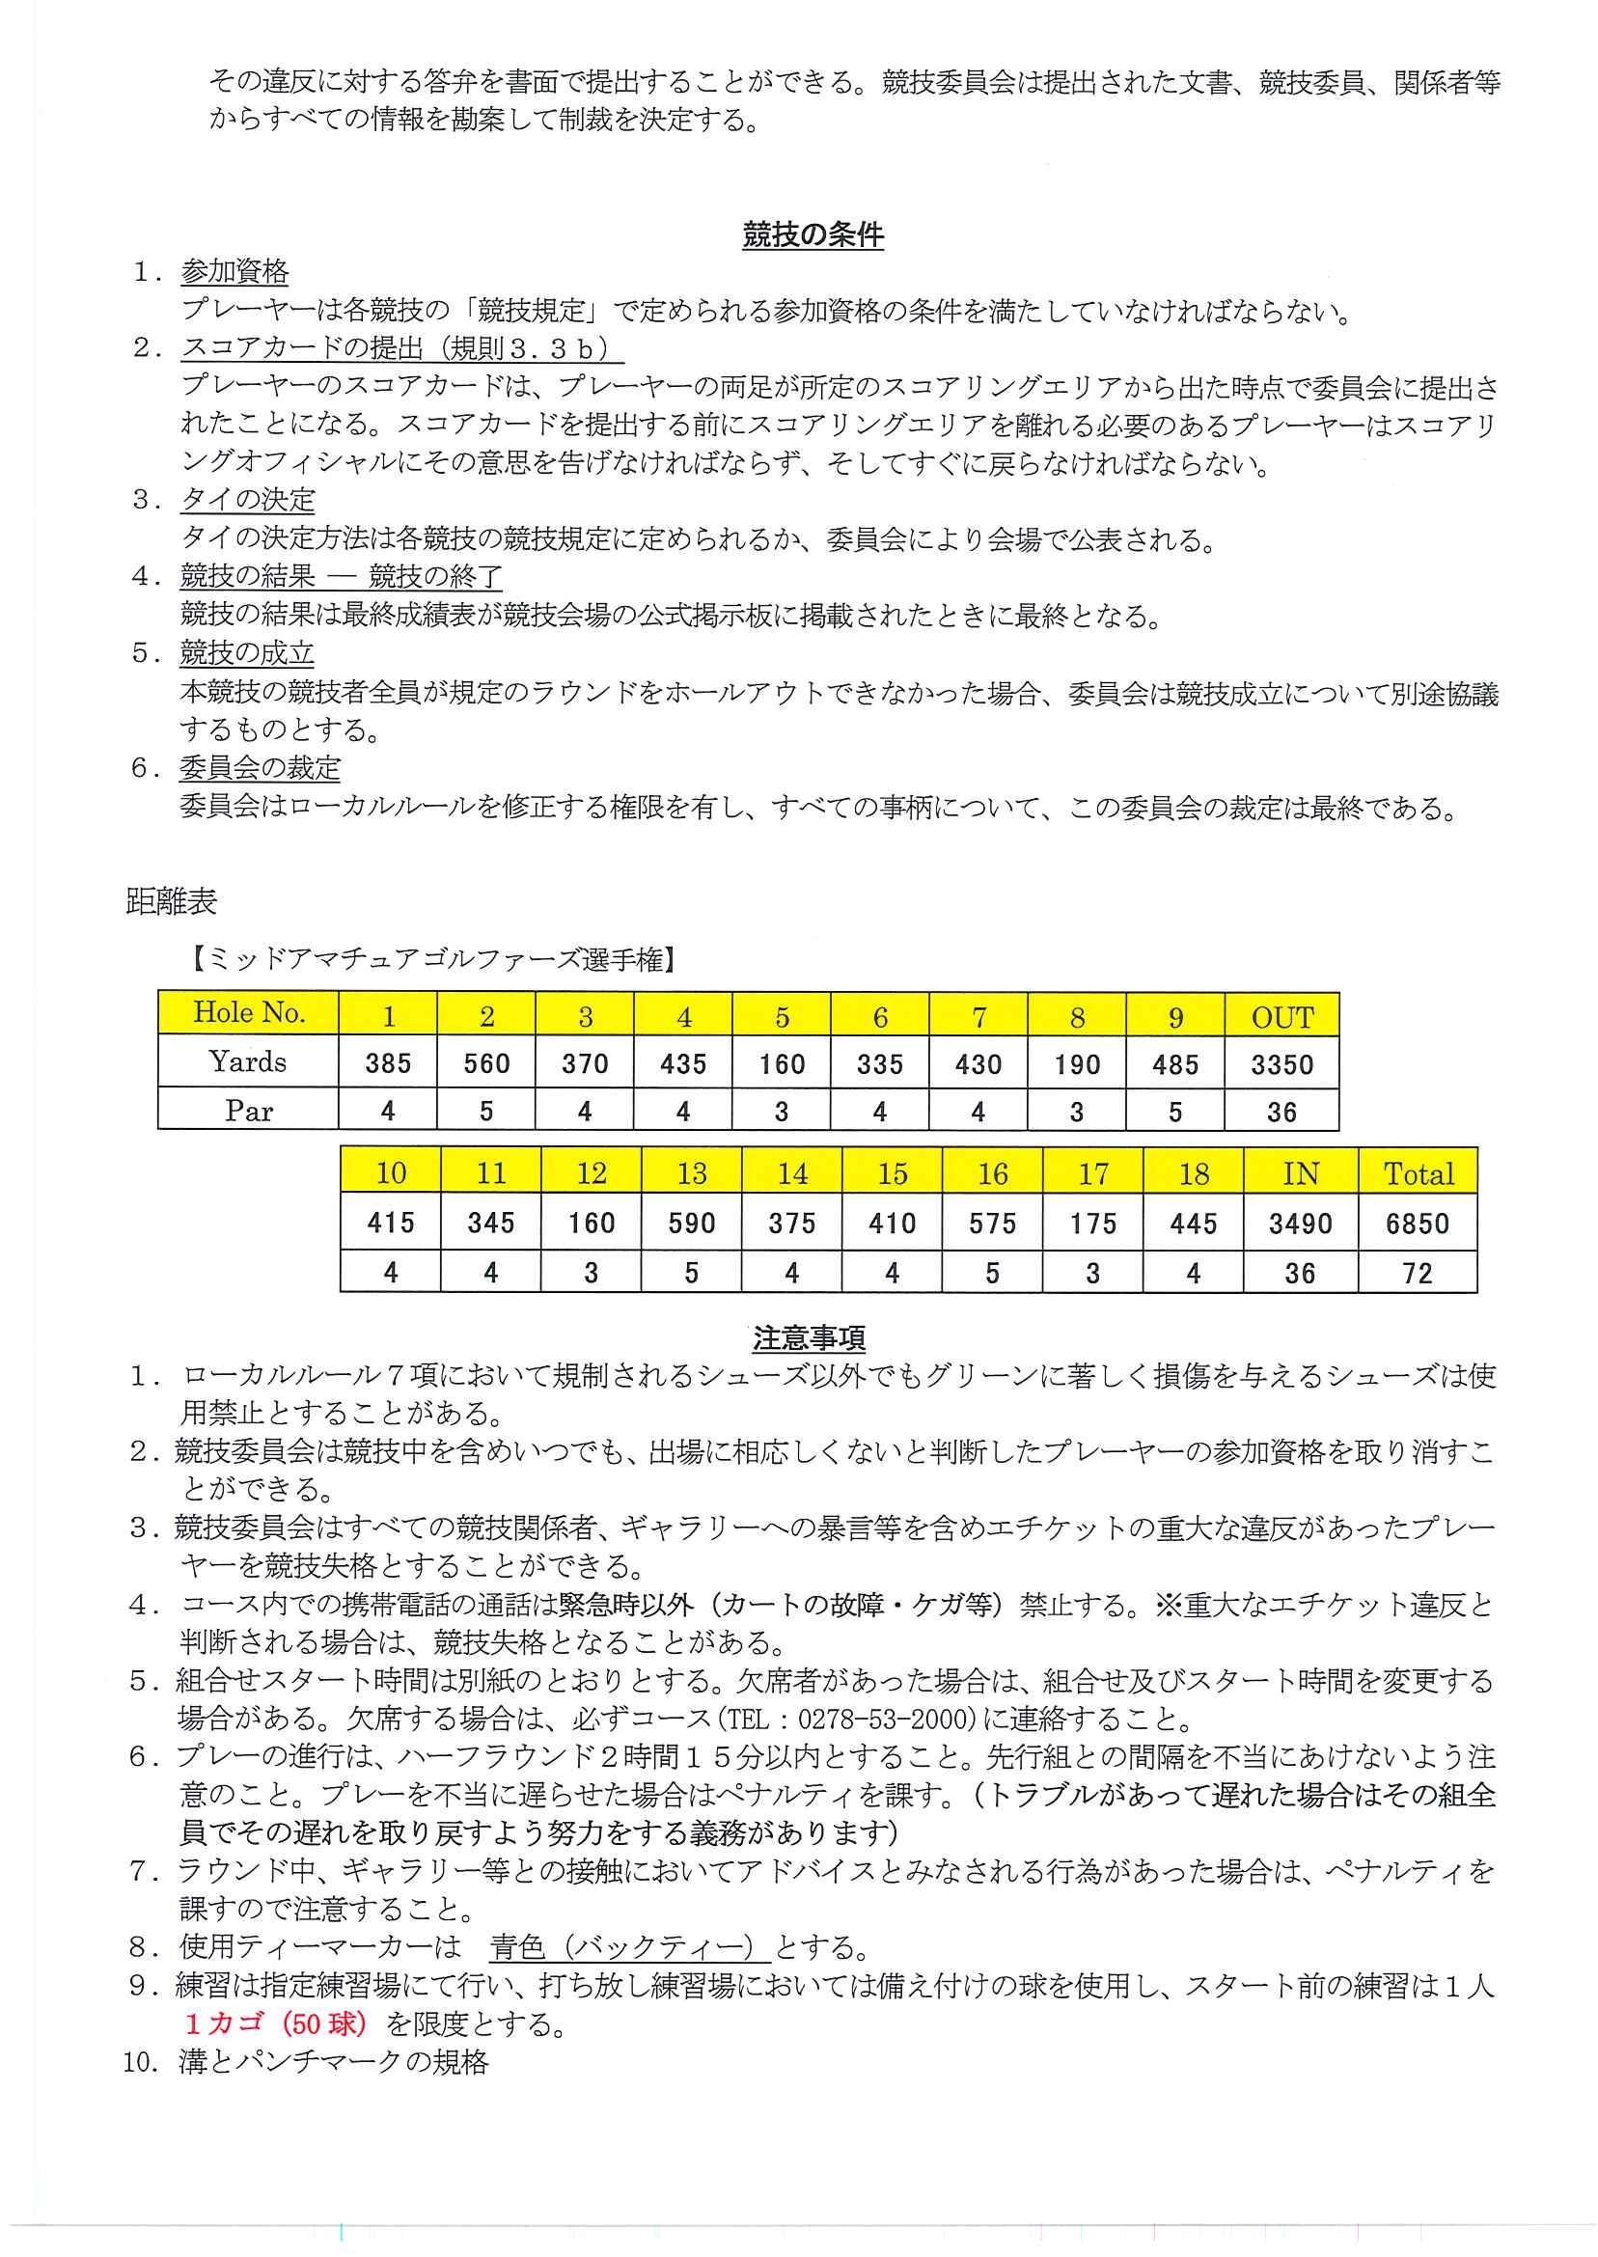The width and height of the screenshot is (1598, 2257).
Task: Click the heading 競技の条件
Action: (812, 235)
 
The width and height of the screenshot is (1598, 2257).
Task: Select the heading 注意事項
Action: (809, 1338)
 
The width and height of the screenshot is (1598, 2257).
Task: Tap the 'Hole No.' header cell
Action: (248, 1012)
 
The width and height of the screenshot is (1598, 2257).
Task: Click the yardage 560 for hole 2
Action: (486, 1062)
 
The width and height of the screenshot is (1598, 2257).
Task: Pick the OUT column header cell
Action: (1281, 1016)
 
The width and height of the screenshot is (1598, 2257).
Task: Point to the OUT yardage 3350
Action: (1281, 1063)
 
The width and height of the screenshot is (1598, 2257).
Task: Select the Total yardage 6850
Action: (1417, 1223)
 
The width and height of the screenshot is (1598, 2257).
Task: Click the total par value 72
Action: (1417, 1273)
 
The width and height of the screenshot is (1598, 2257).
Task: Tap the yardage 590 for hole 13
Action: (691, 1223)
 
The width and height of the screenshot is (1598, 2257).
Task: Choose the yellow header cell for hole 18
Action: (1193, 1172)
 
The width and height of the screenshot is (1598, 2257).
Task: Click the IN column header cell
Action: (1300, 1172)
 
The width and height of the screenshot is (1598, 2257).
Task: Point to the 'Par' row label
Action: (248, 1110)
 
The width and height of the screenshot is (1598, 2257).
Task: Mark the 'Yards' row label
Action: (248, 1061)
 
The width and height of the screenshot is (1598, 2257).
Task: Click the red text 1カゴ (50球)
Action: (276, 2023)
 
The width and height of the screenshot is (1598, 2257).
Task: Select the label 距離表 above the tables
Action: (171, 900)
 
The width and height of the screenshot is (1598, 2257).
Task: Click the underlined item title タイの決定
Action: (247, 500)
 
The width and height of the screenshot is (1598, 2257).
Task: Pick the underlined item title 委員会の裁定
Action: (260, 767)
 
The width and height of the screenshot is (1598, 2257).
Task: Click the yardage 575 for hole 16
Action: (992, 1223)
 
